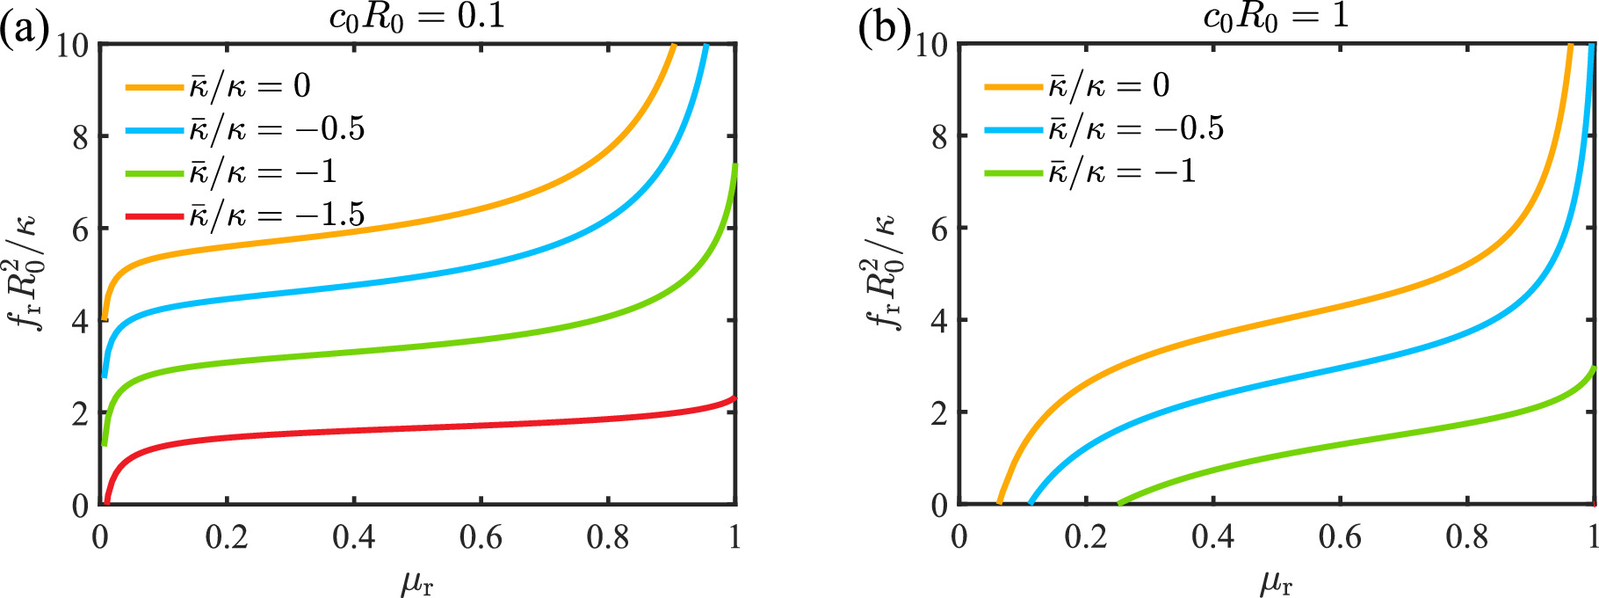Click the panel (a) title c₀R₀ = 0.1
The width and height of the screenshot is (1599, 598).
pos(416,18)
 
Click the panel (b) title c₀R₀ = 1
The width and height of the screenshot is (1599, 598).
pos(1276,18)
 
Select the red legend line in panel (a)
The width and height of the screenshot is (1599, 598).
pos(154,215)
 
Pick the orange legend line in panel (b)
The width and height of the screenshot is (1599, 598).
pos(1012,86)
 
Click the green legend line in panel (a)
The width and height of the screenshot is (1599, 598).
pos(154,172)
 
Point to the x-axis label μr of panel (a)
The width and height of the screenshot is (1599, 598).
pos(416,580)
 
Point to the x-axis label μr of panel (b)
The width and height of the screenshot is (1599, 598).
pos(1276,580)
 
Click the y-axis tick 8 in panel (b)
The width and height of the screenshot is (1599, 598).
pos(939,136)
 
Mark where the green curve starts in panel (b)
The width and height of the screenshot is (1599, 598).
pos(1119,503)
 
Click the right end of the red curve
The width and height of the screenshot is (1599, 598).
pos(734,398)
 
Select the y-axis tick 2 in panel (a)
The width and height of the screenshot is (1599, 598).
pos(80,413)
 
